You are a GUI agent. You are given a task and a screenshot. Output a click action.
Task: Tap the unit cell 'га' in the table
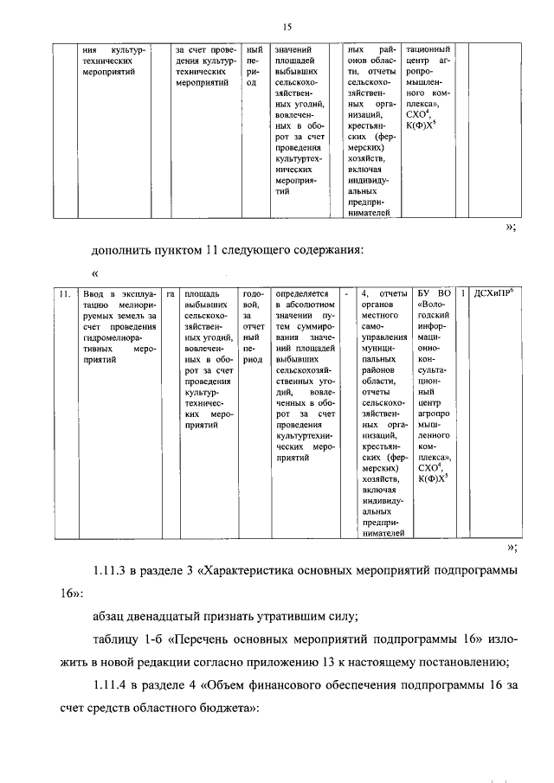pyautogui.click(x=171, y=295)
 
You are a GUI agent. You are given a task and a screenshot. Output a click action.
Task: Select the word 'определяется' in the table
pyautogui.click(x=300, y=295)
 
